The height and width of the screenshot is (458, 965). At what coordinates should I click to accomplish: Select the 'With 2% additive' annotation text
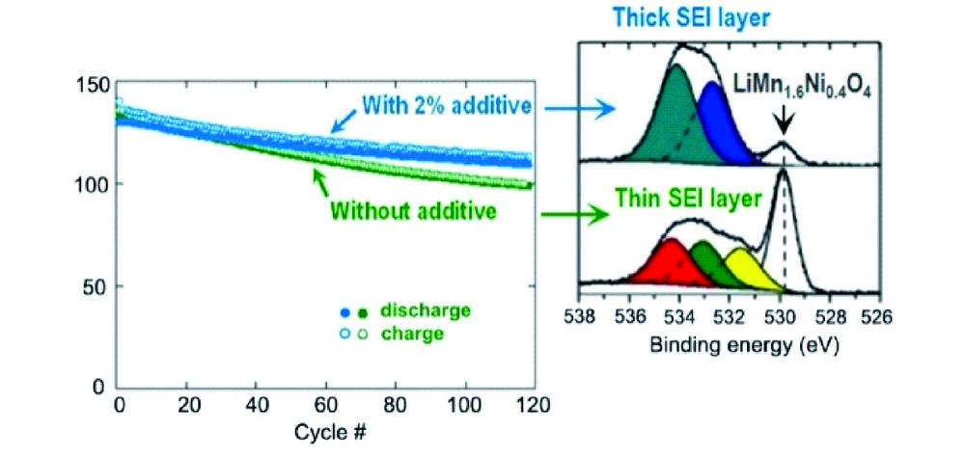pyautogui.click(x=452, y=105)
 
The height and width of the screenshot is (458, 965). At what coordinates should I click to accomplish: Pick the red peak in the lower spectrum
pyautogui.click(x=666, y=264)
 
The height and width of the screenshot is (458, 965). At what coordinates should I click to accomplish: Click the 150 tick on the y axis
pyautogui.click(x=94, y=84)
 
